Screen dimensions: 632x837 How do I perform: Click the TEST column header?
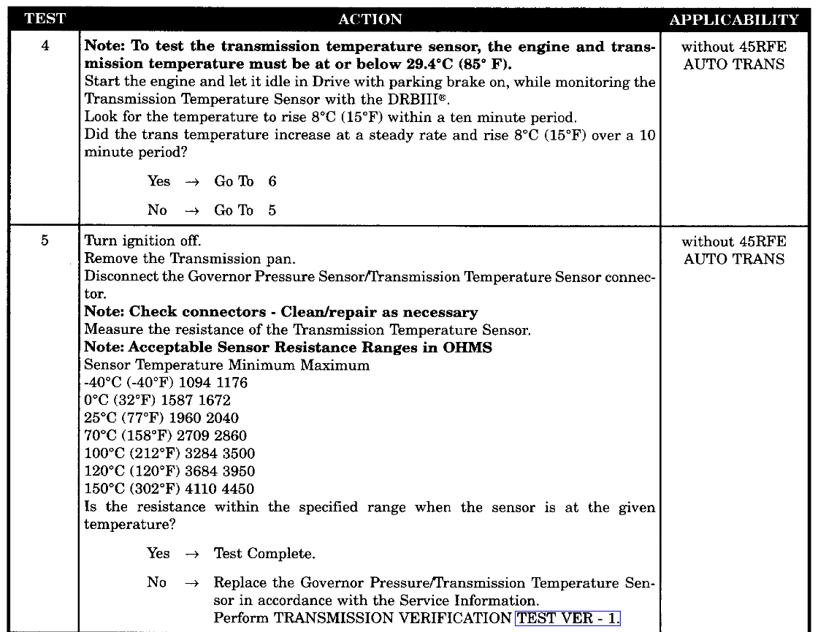[x=45, y=19]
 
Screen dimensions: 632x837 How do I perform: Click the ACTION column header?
[x=370, y=20]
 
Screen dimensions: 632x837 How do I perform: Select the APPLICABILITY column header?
[x=734, y=20]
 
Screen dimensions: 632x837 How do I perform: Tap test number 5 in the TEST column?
[x=45, y=241]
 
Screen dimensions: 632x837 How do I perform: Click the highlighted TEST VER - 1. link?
[x=567, y=618]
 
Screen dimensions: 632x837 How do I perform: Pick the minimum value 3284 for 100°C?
[x=203, y=454]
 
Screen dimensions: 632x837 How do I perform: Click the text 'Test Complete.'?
[x=264, y=554]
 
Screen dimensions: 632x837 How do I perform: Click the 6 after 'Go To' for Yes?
[x=272, y=181]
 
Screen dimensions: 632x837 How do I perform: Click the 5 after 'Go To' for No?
[x=272, y=210]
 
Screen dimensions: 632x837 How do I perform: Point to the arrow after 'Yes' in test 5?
[x=192, y=555]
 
